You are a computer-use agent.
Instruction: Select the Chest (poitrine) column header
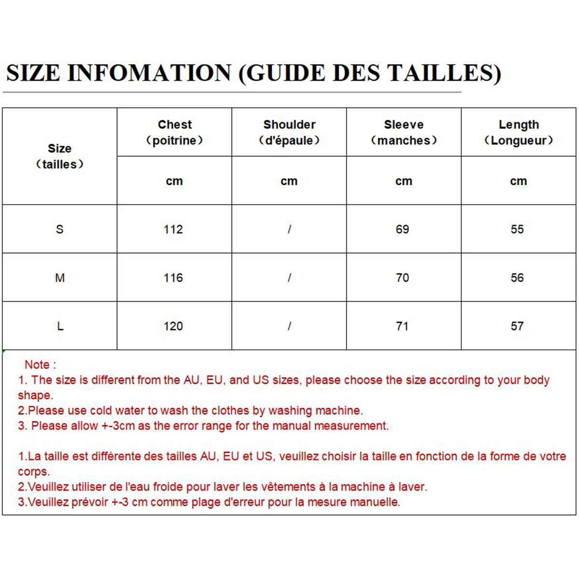click(175, 132)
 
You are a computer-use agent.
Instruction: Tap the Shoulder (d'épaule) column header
click(289, 132)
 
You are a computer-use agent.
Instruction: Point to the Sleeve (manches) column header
click(404, 132)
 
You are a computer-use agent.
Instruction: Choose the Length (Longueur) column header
click(519, 132)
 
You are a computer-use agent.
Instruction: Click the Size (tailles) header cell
click(60, 156)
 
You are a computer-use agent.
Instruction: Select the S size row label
click(60, 229)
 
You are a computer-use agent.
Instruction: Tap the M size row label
click(60, 278)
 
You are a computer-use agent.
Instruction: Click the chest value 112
click(173, 229)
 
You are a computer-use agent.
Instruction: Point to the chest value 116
click(173, 278)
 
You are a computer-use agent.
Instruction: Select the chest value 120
click(173, 326)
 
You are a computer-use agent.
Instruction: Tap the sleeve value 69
click(402, 229)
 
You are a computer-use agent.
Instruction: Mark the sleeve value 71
click(402, 326)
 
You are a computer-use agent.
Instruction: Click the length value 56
click(517, 278)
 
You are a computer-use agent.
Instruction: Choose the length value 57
click(517, 326)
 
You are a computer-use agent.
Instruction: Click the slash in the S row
click(289, 229)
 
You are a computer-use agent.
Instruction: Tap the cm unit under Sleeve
click(404, 181)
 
